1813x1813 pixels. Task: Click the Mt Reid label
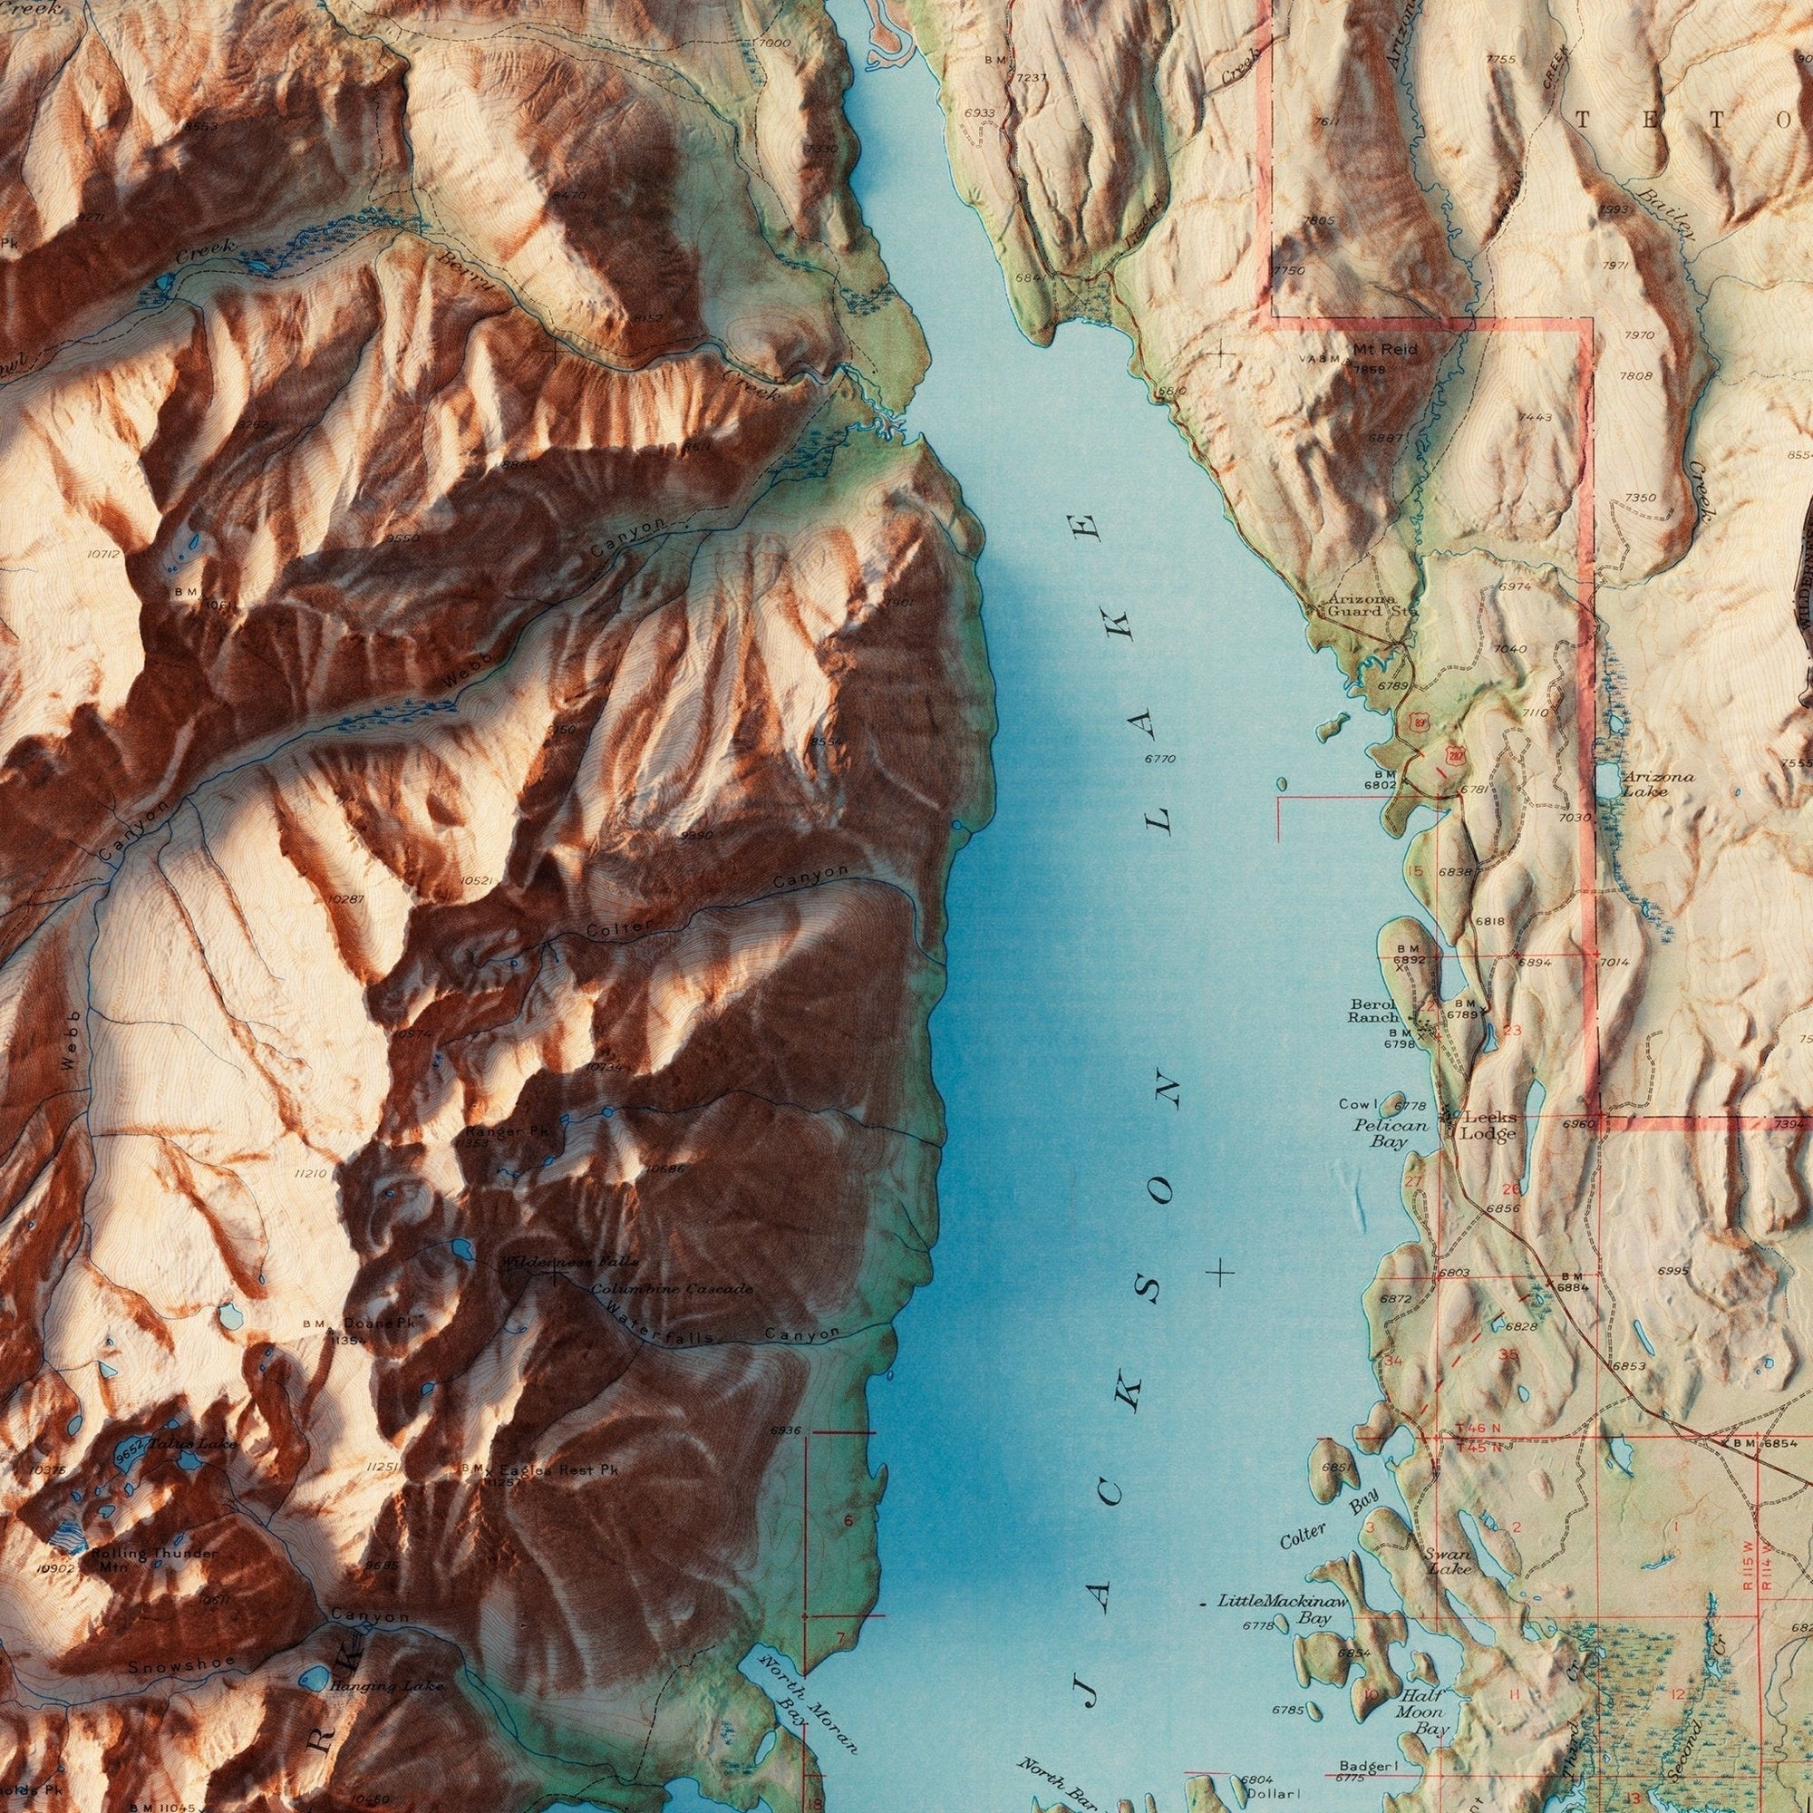coord(1385,349)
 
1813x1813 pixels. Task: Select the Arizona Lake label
coord(1658,783)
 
